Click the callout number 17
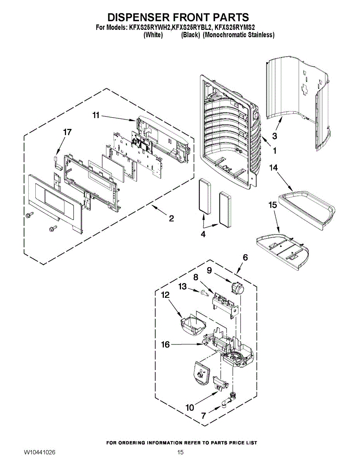pos(67,132)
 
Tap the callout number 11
pos(96,115)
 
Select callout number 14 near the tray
pos(274,168)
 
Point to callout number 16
pos(165,344)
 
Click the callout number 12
pos(165,295)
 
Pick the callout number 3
pos(274,136)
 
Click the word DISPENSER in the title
pos(139,17)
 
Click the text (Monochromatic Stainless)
pos(238,35)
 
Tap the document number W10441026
pos(39,452)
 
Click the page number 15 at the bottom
pos(180,452)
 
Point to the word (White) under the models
pos(153,35)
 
